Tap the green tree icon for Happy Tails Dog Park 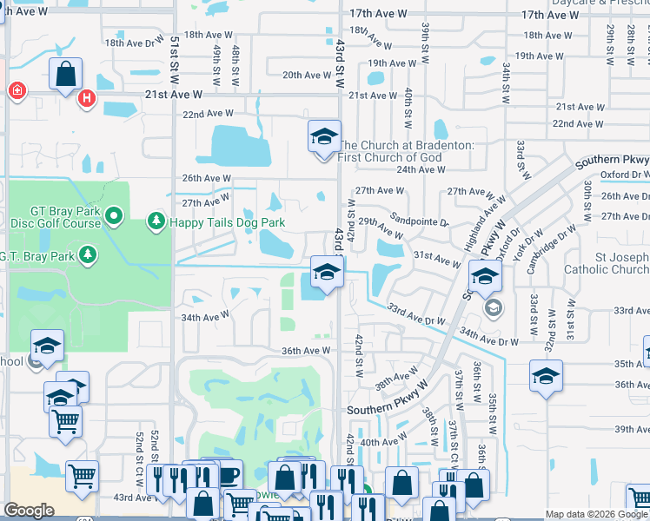[x=156, y=222]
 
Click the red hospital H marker [x=86, y=99]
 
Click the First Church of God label [x=406, y=151]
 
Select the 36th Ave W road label [x=306, y=351]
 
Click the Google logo [x=29, y=511]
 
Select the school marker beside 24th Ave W [x=324, y=137]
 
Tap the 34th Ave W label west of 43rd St [x=203, y=318]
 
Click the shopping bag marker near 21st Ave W [x=66, y=76]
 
